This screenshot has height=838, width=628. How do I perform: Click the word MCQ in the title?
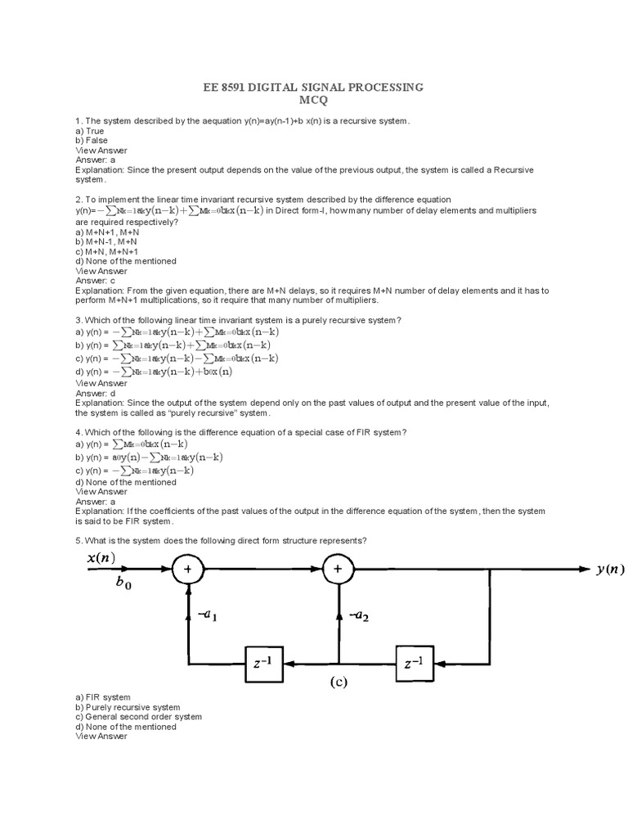tap(314, 101)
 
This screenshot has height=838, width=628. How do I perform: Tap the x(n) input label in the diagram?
tap(101, 558)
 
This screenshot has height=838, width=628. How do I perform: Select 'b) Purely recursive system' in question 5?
tap(128, 707)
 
